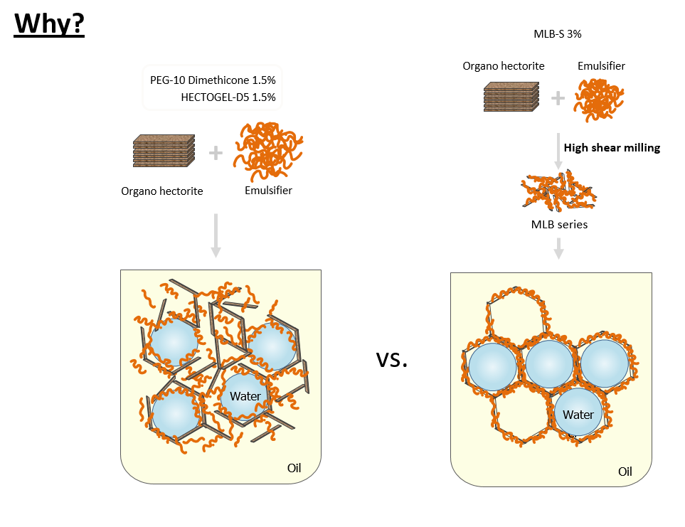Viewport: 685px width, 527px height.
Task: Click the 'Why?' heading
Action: (x=49, y=23)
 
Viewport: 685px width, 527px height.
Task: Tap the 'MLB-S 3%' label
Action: (x=558, y=34)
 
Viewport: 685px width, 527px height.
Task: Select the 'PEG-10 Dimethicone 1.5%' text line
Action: (x=213, y=80)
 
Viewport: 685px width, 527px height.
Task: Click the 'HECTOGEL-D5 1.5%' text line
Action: (x=228, y=97)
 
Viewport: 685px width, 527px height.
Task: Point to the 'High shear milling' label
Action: (x=612, y=148)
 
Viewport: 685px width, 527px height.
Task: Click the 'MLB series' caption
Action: (x=559, y=225)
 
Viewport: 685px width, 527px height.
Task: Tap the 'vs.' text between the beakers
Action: (x=392, y=359)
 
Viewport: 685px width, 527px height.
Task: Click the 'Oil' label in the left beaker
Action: (x=294, y=468)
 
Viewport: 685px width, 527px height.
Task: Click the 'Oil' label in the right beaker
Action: (x=625, y=472)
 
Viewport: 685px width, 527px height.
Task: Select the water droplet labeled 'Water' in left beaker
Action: (x=245, y=396)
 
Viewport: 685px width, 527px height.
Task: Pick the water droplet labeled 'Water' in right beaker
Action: (x=578, y=412)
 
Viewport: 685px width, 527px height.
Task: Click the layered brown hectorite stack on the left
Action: (x=164, y=151)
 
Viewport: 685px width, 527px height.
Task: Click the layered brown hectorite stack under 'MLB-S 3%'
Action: (x=511, y=97)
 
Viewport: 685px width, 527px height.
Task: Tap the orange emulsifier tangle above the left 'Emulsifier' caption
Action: (x=267, y=151)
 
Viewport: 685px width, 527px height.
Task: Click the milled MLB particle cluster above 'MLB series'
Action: (x=559, y=191)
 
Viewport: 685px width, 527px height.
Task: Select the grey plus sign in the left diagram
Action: (x=216, y=153)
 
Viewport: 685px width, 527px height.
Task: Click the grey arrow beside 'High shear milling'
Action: (x=558, y=151)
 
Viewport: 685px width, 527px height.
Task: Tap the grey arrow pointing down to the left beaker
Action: (x=216, y=236)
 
